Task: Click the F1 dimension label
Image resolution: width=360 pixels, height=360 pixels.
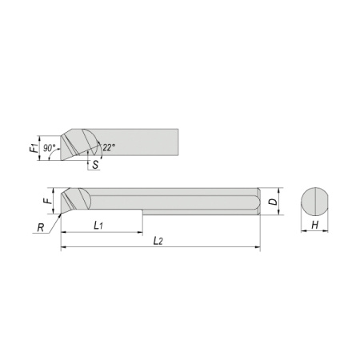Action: pyautogui.click(x=34, y=148)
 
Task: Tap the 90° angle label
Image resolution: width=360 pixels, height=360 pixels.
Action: pyautogui.click(x=50, y=148)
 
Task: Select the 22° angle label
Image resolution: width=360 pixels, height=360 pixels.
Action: pyautogui.click(x=109, y=147)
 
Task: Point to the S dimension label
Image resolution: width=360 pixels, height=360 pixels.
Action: pyautogui.click(x=95, y=165)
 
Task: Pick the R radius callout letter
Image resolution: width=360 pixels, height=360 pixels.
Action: pyautogui.click(x=41, y=228)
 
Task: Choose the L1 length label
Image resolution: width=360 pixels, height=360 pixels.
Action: pyautogui.click(x=98, y=226)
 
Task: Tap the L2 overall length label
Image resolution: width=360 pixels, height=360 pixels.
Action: pyautogui.click(x=158, y=241)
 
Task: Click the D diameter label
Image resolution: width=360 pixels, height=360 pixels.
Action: pyautogui.click(x=273, y=202)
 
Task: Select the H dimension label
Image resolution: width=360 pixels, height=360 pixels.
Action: pyautogui.click(x=315, y=225)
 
